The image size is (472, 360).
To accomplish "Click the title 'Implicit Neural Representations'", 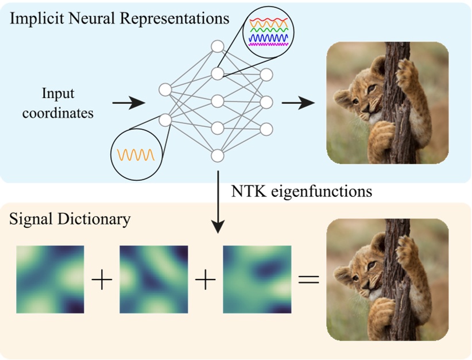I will click(x=119, y=18).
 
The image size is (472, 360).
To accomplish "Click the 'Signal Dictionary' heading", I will click(x=70, y=219).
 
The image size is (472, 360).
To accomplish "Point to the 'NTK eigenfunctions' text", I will click(x=301, y=191).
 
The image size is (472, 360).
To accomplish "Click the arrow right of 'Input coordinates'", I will click(x=127, y=103).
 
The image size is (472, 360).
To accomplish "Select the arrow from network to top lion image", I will click(x=298, y=103).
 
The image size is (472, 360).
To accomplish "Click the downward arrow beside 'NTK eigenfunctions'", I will click(x=217, y=201).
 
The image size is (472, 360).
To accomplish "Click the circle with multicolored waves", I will click(x=267, y=32).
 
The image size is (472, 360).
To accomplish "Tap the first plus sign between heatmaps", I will click(x=102, y=281).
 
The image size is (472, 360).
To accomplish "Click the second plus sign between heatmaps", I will click(x=205, y=281).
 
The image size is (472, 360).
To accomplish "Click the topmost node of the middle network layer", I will click(x=217, y=47).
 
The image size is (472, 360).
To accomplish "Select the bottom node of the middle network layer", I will click(x=217, y=156).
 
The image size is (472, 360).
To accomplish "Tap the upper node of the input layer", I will click(x=165, y=90).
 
